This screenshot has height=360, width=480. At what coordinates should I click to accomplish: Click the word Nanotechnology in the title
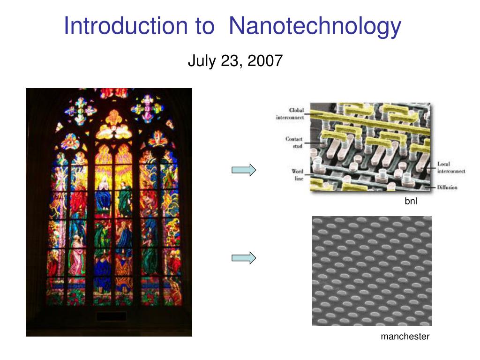(x=315, y=27)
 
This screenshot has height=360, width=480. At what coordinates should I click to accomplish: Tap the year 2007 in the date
(x=265, y=60)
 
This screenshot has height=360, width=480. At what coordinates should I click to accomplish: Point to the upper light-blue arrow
(x=244, y=170)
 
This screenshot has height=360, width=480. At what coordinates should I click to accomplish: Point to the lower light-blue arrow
(x=244, y=258)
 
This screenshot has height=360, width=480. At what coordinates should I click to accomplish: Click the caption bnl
(x=411, y=201)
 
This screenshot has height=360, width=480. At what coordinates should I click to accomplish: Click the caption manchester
(x=405, y=337)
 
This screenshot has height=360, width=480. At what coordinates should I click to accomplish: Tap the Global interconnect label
(x=290, y=113)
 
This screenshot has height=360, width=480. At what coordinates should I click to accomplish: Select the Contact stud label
(x=294, y=142)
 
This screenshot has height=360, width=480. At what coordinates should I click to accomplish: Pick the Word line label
(x=298, y=175)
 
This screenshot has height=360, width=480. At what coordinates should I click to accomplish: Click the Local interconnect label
(x=451, y=167)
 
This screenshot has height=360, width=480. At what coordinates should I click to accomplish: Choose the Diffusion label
(x=447, y=187)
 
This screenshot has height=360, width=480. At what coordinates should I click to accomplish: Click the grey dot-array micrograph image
(x=372, y=271)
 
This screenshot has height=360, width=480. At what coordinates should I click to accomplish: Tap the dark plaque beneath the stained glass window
(x=111, y=316)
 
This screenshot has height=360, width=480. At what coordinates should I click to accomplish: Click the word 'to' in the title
(x=204, y=27)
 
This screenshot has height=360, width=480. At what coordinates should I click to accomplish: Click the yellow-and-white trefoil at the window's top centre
(x=114, y=125)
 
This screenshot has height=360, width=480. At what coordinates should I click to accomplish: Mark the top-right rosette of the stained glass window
(x=148, y=109)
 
